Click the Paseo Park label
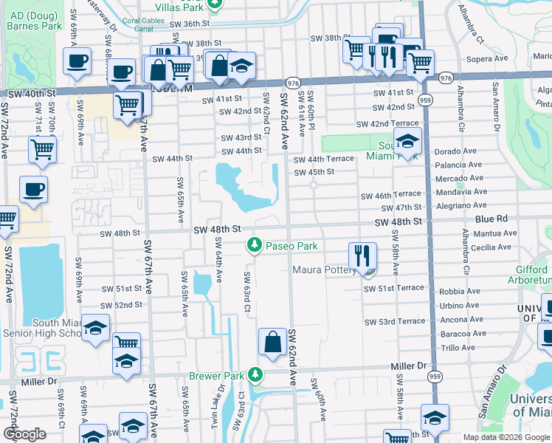point(291,245)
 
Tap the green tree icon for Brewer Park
point(255,375)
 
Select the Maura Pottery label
point(325,270)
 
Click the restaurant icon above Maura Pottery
point(362,255)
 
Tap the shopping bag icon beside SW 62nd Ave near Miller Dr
point(272,342)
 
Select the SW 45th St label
point(314,172)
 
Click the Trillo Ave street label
point(458,347)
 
